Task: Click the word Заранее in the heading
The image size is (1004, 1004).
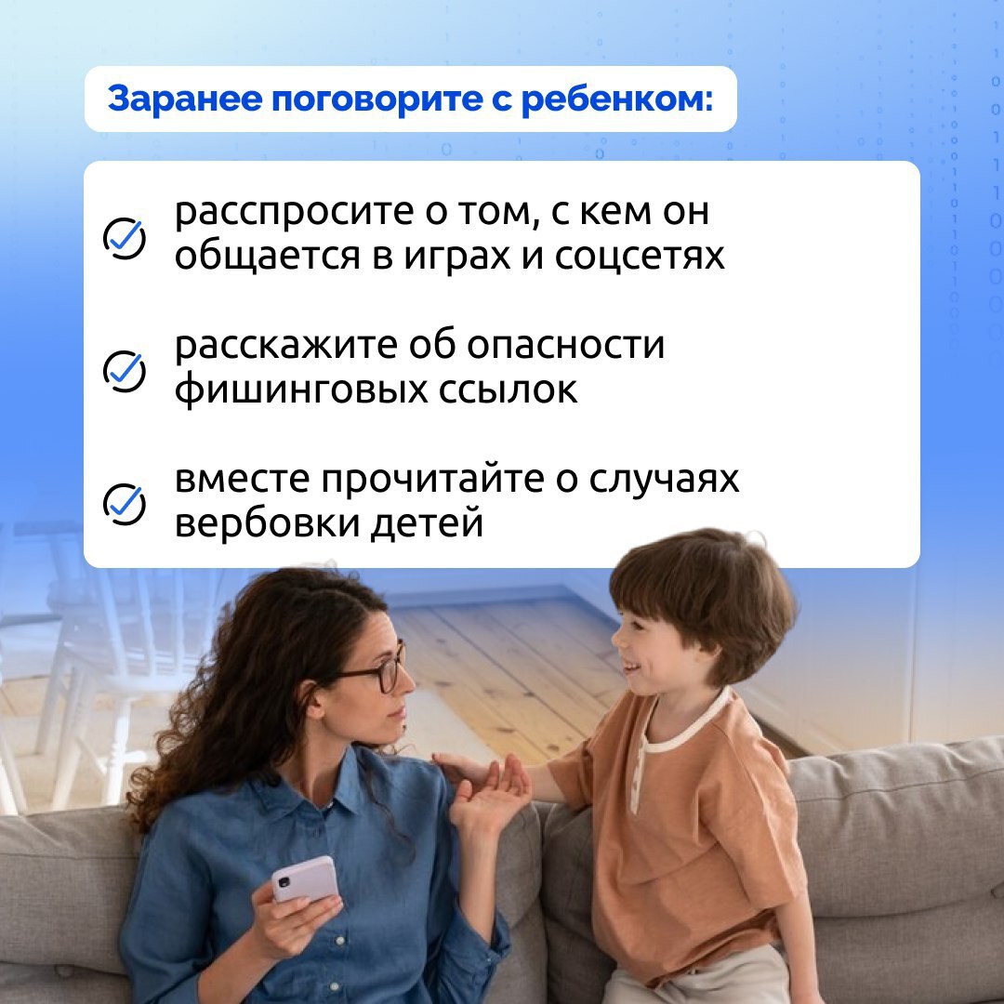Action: pyautogui.click(x=184, y=100)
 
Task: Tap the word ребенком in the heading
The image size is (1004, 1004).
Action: pyautogui.click(x=617, y=99)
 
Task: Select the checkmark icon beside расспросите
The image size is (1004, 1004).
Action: pyautogui.click(x=125, y=238)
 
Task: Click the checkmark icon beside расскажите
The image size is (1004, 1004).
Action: pyautogui.click(x=125, y=371)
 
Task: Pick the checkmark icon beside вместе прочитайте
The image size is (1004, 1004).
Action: pyautogui.click(x=125, y=504)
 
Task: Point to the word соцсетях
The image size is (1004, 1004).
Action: pyautogui.click(x=639, y=257)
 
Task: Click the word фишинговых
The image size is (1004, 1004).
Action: pyautogui.click(x=301, y=390)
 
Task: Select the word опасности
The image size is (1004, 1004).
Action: pyautogui.click(x=565, y=345)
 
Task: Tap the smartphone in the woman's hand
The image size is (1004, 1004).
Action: pyautogui.click(x=305, y=879)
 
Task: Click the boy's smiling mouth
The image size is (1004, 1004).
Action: pyautogui.click(x=630, y=667)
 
